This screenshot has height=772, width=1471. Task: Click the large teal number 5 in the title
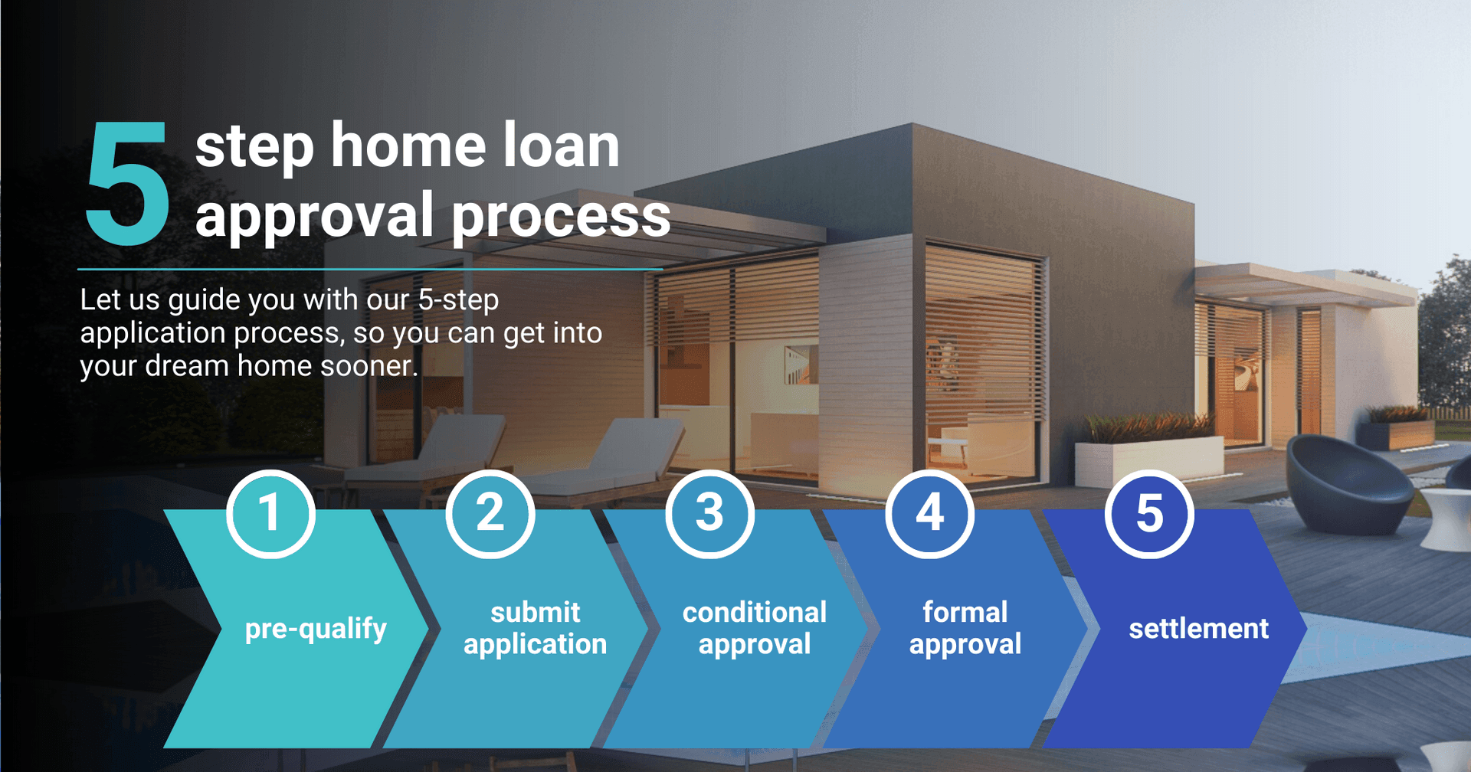[x=127, y=183]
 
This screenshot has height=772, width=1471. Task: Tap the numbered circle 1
[x=270, y=514]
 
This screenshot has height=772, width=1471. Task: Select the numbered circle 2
[x=490, y=514]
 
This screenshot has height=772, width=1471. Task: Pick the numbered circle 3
[x=710, y=514]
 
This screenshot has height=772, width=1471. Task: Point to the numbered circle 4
[x=930, y=514]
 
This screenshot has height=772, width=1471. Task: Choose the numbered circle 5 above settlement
[x=1149, y=514]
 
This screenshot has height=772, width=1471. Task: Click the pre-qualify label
[x=316, y=630]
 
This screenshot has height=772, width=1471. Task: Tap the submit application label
[x=536, y=628]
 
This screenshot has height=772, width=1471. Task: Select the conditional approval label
[x=755, y=628]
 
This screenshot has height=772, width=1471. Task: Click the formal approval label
[x=965, y=628]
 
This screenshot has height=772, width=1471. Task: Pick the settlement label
[x=1199, y=629]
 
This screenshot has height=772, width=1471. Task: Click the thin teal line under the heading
[x=370, y=270]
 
